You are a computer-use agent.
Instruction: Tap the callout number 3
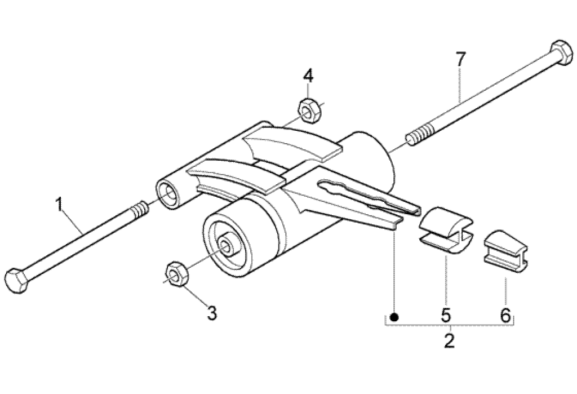[x=212, y=313]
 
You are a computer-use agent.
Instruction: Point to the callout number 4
[x=307, y=76]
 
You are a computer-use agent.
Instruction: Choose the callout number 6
[x=505, y=315]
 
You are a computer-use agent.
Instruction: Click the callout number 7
[x=460, y=59]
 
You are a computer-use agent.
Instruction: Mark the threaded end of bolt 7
[x=419, y=137]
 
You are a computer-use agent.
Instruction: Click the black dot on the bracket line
[x=394, y=317]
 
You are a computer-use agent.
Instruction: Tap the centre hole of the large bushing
[x=228, y=245]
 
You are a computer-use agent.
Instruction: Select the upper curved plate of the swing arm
[x=293, y=141]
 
